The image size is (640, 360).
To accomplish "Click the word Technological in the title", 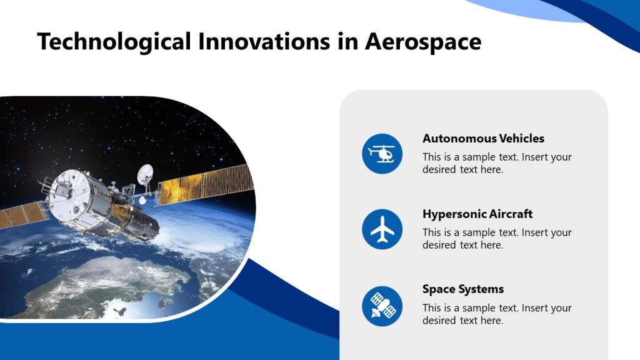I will point(114,42).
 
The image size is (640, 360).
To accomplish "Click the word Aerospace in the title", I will point(422,42).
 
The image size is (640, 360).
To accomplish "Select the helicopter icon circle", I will point(382,154).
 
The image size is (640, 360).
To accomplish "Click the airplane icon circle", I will point(382,229).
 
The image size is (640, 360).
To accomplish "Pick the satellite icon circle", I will point(382,306).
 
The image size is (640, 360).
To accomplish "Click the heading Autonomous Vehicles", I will point(483,139).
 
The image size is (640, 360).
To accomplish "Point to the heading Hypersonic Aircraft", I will point(477,214).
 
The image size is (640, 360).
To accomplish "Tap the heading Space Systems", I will point(462,289).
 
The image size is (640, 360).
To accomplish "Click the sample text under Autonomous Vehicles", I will point(496,163).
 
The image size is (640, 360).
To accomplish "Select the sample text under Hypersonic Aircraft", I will point(496,239).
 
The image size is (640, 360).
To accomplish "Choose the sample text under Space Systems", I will point(496,314).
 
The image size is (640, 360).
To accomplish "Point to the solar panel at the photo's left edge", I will point(19,215).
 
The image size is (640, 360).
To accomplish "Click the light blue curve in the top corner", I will point(519,9).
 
